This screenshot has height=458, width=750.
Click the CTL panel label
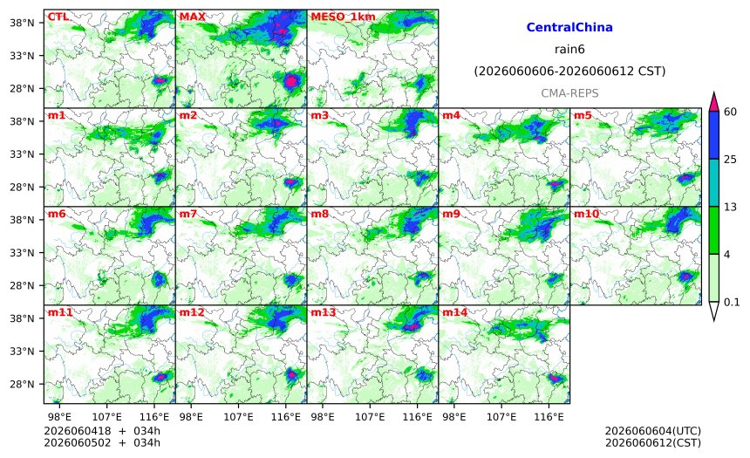pyautogui.click(x=58, y=17)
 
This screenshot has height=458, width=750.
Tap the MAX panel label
pyautogui.click(x=192, y=17)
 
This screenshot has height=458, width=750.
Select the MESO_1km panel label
pyautogui.click(x=343, y=17)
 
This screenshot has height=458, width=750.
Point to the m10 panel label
pyautogui.click(x=586, y=214)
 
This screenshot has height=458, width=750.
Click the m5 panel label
pyautogui.click(x=583, y=115)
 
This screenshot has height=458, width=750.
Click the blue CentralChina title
pyautogui.click(x=569, y=27)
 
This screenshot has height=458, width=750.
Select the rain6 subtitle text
pyautogui.click(x=569, y=50)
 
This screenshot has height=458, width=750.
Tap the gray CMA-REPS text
pyautogui.click(x=569, y=93)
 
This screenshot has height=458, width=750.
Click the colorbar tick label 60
pyautogui.click(x=730, y=112)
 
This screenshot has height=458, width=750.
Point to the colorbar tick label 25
pyautogui.click(x=730, y=160)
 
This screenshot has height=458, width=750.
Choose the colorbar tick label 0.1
pyautogui.click(x=732, y=302)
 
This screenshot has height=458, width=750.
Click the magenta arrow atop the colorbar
pyautogui.click(x=713, y=101)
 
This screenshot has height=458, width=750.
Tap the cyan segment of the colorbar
pyautogui.click(x=713, y=183)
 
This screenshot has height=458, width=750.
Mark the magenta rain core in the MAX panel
pyautogui.click(x=290, y=81)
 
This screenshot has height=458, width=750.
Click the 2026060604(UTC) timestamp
pyautogui.click(x=653, y=431)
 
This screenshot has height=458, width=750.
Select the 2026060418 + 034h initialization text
pyautogui.click(x=102, y=431)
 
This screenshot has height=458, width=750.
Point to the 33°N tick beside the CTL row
pyautogui.click(x=22, y=56)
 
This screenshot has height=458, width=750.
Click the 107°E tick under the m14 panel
pyautogui.click(x=501, y=417)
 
